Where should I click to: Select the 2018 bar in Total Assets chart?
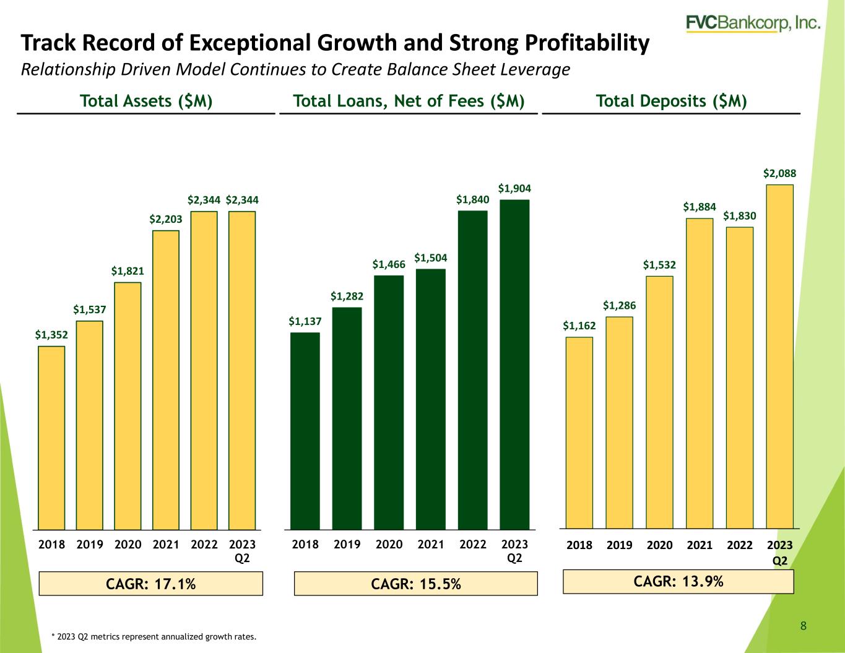click(51, 438)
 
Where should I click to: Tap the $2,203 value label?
click(166, 219)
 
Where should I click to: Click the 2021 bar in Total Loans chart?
click(430, 399)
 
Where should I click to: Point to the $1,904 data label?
click(514, 189)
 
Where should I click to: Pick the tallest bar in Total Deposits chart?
click(779, 357)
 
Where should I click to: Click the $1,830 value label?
click(740, 216)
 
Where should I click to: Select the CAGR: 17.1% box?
click(151, 584)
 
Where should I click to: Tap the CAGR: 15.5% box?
click(416, 584)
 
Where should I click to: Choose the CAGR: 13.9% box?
click(678, 581)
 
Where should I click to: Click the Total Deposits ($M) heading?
click(672, 101)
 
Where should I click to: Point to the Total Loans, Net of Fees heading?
click(409, 101)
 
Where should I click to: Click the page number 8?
click(804, 626)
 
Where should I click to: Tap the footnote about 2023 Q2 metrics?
click(154, 637)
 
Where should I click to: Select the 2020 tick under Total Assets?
click(128, 544)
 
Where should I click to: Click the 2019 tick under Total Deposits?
click(619, 545)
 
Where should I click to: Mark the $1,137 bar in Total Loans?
click(305, 431)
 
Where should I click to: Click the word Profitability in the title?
click(587, 43)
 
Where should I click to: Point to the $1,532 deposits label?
click(659, 265)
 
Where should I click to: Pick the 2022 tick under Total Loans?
click(472, 544)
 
